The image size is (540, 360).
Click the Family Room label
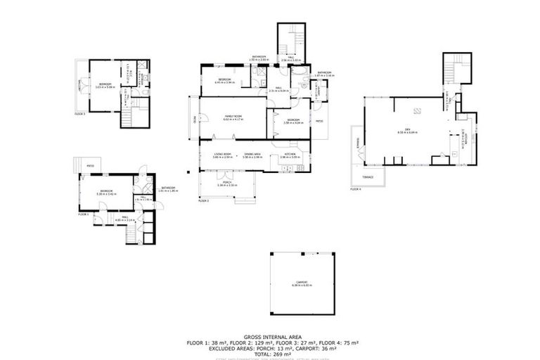(x=231, y=115)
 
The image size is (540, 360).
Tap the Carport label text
(x=302, y=283)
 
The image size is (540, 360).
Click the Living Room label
(x=222, y=154)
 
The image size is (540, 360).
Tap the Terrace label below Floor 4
(x=367, y=176)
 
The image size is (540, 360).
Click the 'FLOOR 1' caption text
(x=82, y=214)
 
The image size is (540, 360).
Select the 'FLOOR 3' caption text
(x=79, y=113)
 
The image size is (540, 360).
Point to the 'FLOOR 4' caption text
(x=356, y=188)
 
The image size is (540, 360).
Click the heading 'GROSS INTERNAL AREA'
(x=272, y=337)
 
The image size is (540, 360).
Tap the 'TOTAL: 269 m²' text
(x=272, y=352)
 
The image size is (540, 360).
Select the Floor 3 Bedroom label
(x=104, y=86)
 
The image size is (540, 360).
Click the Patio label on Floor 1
(x=91, y=166)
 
